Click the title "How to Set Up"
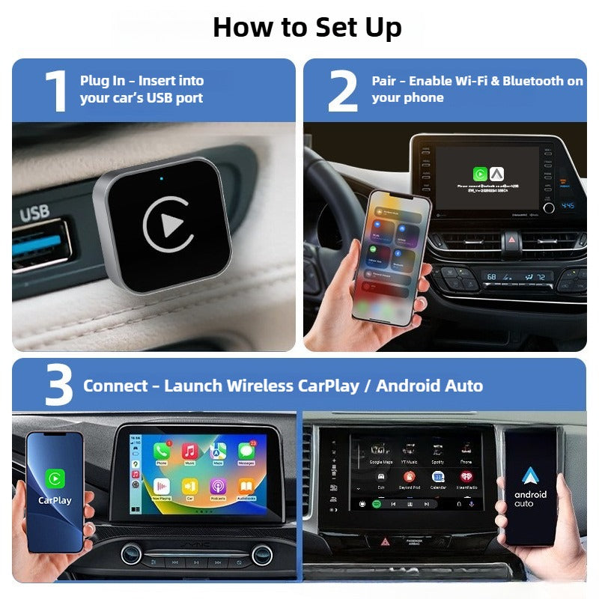click(307, 27)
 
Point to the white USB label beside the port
click(34, 214)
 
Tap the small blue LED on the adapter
click(162, 179)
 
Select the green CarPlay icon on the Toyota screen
click(479, 174)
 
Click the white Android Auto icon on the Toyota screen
click(497, 174)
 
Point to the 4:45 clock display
click(568, 206)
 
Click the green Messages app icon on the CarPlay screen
click(246, 451)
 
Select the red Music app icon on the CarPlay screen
click(189, 451)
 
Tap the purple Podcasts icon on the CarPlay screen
click(218, 487)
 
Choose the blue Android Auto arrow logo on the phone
click(530, 476)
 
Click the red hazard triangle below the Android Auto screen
click(386, 540)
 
